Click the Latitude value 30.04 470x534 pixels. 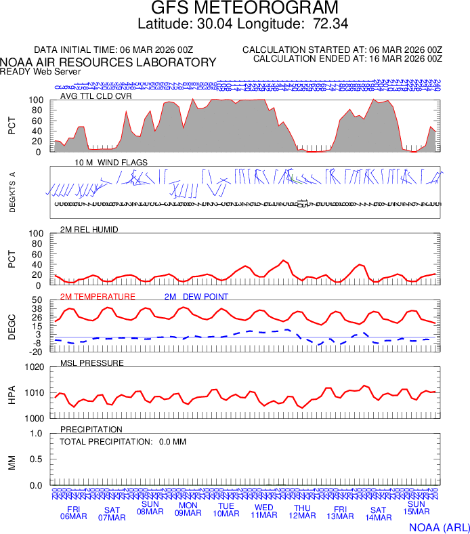[215, 24]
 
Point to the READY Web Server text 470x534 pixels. [41, 71]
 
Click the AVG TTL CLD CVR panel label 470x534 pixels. [95, 96]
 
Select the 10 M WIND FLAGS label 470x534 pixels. [111, 163]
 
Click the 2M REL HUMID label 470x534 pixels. [89, 230]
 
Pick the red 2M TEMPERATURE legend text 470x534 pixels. [98, 297]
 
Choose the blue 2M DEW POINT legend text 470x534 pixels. [196, 297]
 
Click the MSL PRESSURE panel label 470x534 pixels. [92, 363]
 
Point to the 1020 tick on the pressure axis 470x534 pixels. [34, 367]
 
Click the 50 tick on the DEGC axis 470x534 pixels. [37, 300]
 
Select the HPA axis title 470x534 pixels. [12, 393]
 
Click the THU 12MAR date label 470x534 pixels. [302, 512]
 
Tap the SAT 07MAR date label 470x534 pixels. [112, 514]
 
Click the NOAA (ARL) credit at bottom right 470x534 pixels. [438, 527]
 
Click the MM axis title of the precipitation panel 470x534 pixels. [12, 459]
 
